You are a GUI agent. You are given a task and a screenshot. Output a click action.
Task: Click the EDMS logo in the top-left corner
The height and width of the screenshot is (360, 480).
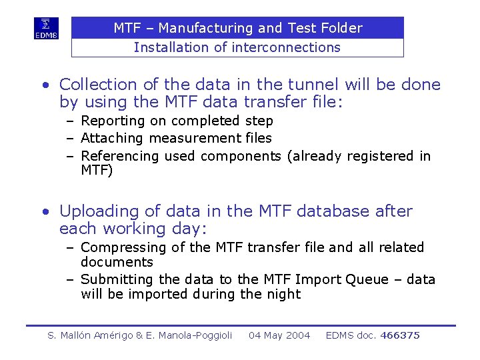[x=47, y=28]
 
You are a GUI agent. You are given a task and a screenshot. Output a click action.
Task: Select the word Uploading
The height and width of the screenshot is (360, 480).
[x=98, y=211]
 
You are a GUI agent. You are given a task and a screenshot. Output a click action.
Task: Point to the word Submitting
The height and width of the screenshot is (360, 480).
[x=117, y=279]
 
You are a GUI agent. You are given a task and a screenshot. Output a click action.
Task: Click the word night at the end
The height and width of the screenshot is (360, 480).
[x=284, y=294]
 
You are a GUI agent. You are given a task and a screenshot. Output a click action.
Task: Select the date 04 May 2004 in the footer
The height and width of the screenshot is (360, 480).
[x=279, y=335]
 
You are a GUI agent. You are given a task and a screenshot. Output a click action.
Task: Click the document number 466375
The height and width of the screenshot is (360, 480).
[x=399, y=335]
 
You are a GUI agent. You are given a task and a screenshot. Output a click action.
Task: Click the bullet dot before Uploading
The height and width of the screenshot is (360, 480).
[x=45, y=212]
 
